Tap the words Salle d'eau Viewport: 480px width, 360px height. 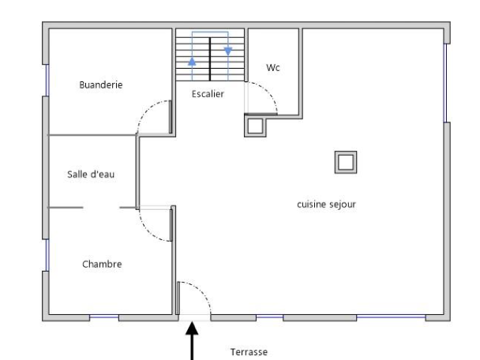(x=91, y=174)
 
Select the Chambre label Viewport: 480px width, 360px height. (x=102, y=264)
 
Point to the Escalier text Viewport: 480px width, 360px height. (x=208, y=94)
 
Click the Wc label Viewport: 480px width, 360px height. (x=273, y=68)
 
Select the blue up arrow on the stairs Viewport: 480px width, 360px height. (x=192, y=62)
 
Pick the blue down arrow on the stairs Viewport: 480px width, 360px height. (x=228, y=51)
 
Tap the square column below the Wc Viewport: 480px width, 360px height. (x=256, y=126)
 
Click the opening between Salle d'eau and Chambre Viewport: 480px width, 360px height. (x=102, y=208)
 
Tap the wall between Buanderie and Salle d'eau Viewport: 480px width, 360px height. (x=91, y=135)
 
